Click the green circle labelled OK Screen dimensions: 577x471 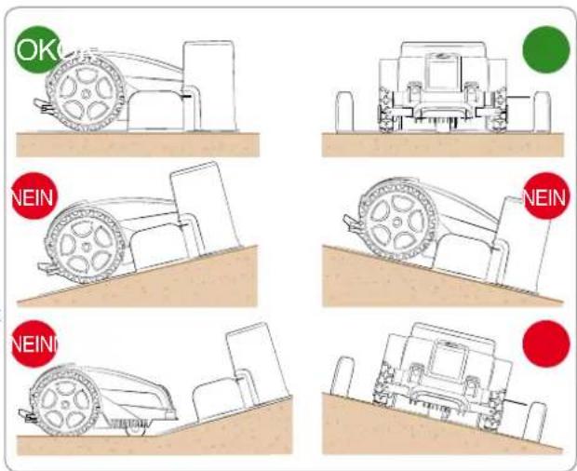pyautogui.click(x=38, y=49)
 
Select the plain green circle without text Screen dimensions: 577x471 pyautogui.click(x=546, y=49)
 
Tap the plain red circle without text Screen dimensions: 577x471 pyautogui.click(x=546, y=343)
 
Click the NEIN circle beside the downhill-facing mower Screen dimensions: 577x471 pyautogui.click(x=546, y=196)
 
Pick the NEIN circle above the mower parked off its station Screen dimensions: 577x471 pyautogui.click(x=34, y=343)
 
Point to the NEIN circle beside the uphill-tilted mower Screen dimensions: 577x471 pyautogui.click(x=34, y=196)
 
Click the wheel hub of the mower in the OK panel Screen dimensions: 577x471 pyautogui.click(x=86, y=94)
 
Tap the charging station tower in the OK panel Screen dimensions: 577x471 pyautogui.click(x=209, y=86)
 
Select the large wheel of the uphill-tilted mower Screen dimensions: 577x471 pyautogui.click(x=85, y=246)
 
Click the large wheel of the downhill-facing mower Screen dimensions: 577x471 pyautogui.click(x=397, y=222)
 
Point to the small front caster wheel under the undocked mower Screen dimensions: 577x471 pyautogui.click(x=136, y=429)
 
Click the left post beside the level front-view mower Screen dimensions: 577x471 pyautogui.click(x=344, y=112)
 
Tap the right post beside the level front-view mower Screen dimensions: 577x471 pyautogui.click(x=542, y=112)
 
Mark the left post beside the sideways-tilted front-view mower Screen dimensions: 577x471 pyautogui.click(x=342, y=377)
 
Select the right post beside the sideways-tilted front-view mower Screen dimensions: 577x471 pyautogui.click(x=535, y=422)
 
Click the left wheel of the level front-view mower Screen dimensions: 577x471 pyautogui.click(x=385, y=110)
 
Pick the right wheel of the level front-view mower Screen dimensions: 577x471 pyautogui.click(x=500, y=110)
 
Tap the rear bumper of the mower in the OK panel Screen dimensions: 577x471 pyautogui.click(x=43, y=105)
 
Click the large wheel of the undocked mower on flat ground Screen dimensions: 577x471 pyautogui.click(x=65, y=404)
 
